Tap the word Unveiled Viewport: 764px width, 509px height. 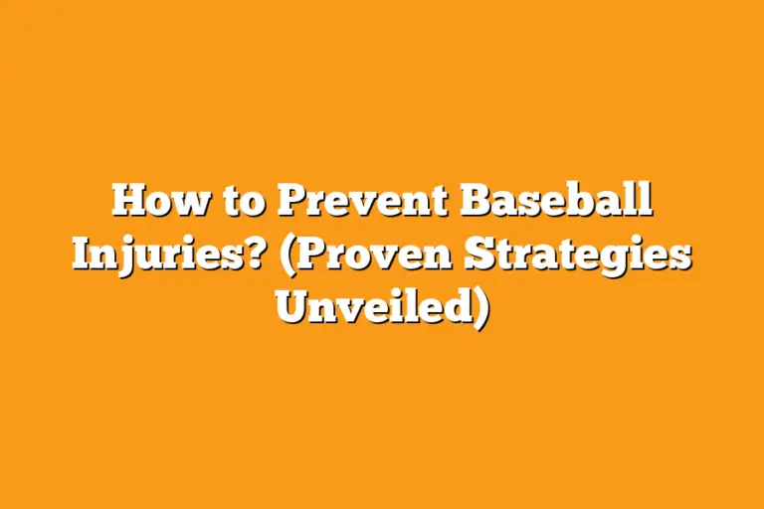[x=374, y=305]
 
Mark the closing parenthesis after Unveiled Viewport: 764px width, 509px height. [x=482, y=306]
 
